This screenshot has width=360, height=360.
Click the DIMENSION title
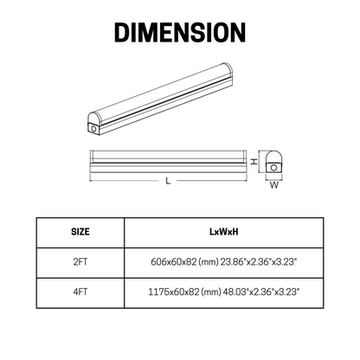[x=180, y=33]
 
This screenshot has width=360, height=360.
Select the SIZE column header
[x=80, y=232]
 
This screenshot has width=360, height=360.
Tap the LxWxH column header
[x=224, y=232]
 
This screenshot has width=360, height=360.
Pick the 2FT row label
[x=80, y=262]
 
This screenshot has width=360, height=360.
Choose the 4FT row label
[x=80, y=292]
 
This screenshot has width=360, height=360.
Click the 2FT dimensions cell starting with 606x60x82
[x=224, y=262]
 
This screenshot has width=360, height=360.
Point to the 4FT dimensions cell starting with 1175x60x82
[x=224, y=292]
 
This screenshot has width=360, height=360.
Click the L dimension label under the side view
[x=168, y=181]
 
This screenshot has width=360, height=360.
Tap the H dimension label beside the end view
[x=254, y=161]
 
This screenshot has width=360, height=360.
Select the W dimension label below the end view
[x=274, y=185]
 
